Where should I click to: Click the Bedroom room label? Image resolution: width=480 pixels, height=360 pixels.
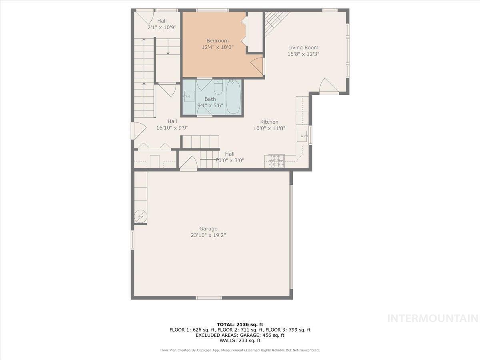[x=218, y=40]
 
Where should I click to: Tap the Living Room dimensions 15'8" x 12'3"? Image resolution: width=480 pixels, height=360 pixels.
[x=303, y=54]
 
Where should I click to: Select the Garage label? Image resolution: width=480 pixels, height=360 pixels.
[x=208, y=229]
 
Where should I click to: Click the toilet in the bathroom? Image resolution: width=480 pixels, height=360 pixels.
[x=218, y=86]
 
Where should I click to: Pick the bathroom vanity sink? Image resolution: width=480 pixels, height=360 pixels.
[x=189, y=96]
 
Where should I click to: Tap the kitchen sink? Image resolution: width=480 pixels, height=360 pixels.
[x=302, y=136]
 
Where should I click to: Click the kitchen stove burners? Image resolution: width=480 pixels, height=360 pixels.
[x=276, y=160]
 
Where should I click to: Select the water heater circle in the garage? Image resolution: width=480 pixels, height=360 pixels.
[x=140, y=216]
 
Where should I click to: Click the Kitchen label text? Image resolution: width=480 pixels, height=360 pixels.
[x=269, y=122]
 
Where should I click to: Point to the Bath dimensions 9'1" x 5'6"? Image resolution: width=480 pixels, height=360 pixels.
[x=210, y=106]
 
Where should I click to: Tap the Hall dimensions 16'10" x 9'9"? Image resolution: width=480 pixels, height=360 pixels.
[x=172, y=128]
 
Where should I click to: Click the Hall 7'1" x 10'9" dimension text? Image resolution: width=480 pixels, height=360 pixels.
[x=162, y=28]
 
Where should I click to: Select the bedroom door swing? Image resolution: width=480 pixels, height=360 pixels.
[x=257, y=65]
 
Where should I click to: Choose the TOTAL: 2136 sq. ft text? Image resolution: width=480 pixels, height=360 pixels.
[x=240, y=324]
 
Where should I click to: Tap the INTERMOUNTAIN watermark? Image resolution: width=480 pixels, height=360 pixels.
[x=433, y=318]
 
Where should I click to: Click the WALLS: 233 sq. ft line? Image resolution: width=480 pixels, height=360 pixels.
[x=240, y=341]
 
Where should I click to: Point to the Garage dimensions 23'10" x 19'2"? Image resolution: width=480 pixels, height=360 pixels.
[x=208, y=236]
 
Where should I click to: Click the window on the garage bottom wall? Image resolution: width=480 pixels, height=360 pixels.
[x=208, y=298]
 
